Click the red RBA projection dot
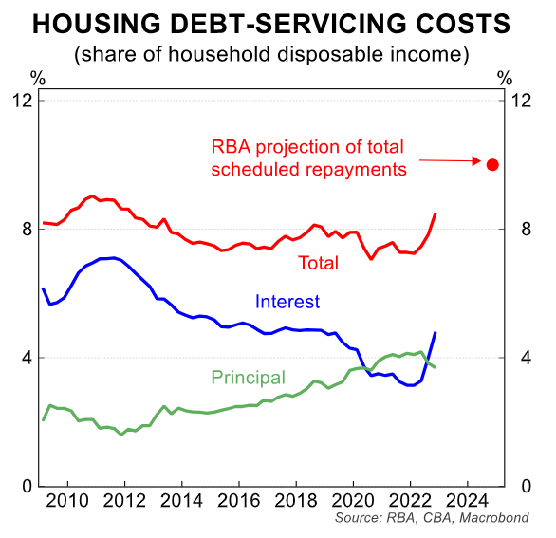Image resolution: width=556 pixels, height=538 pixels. (x=492, y=164)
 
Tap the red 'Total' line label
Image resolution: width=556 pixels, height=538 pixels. (x=318, y=263)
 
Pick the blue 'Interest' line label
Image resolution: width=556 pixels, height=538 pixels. (x=287, y=302)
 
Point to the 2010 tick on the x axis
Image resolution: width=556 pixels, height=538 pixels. (x=68, y=500)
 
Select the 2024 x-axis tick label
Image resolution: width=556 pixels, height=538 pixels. (x=468, y=500)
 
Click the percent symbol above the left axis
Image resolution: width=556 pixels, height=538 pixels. (x=36, y=77)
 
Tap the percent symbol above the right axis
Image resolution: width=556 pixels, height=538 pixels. (x=504, y=77)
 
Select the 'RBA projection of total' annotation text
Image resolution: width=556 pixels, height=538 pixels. (x=307, y=147)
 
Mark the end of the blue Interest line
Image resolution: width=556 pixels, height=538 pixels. (x=435, y=332)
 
